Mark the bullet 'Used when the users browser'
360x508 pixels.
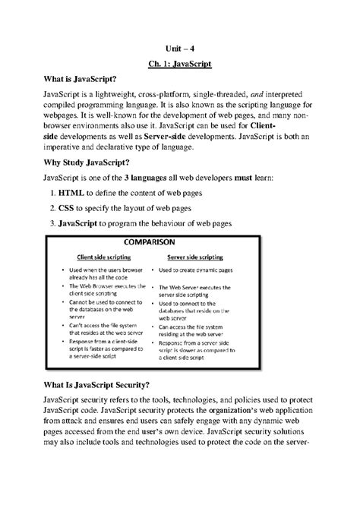coord(109,271)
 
